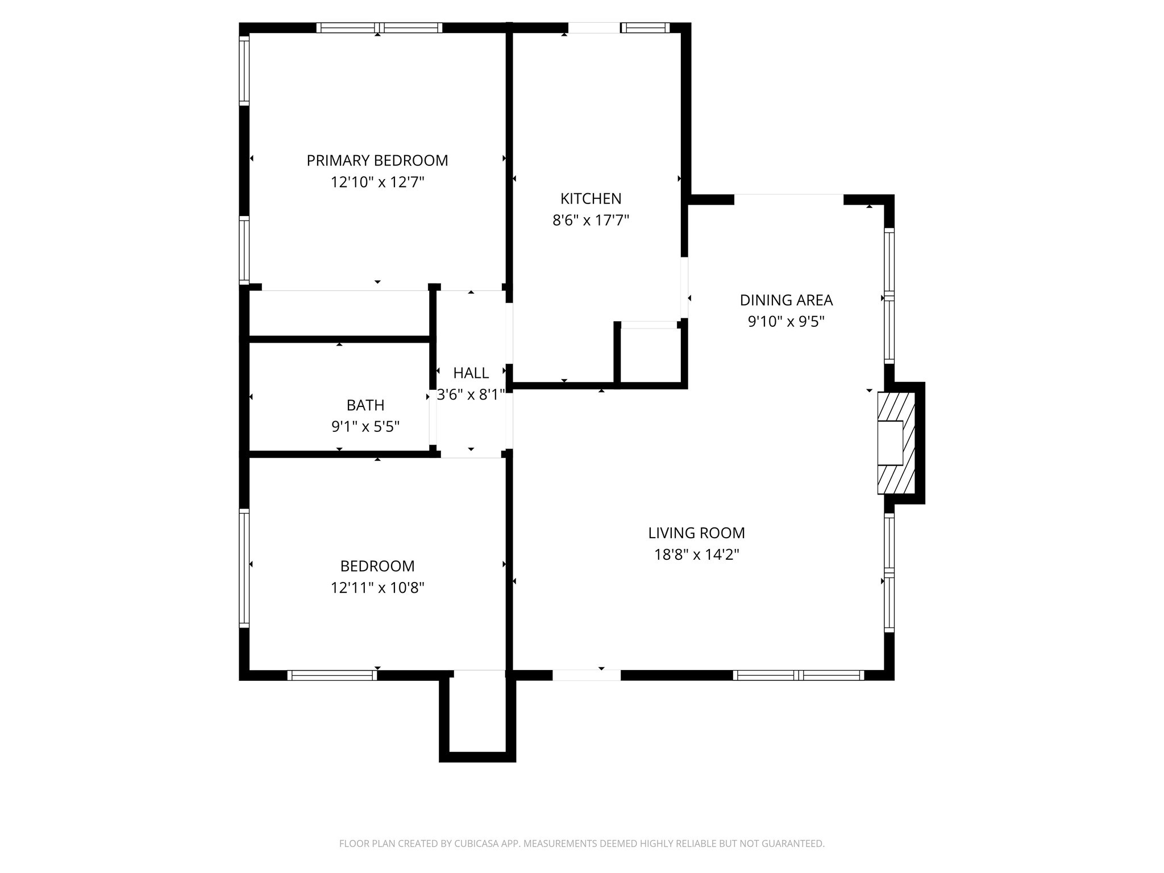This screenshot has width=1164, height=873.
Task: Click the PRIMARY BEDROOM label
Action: [x=377, y=161]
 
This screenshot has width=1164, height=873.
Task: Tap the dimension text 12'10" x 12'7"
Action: [x=377, y=182]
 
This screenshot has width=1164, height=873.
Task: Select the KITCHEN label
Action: [x=591, y=199]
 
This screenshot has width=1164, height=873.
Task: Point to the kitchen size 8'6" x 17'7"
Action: [x=591, y=221]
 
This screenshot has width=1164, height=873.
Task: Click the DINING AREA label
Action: [x=786, y=300]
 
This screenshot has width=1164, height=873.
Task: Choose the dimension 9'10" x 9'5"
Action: [x=786, y=322]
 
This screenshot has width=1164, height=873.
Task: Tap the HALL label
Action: [x=471, y=373]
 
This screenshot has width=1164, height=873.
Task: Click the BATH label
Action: [x=365, y=405]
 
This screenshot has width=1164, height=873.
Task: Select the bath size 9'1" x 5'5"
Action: [x=365, y=427]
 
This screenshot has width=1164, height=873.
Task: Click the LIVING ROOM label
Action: [x=696, y=533]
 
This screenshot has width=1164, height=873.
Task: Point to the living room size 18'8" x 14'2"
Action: [x=696, y=555]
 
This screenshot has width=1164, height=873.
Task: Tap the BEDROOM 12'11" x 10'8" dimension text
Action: [x=377, y=588]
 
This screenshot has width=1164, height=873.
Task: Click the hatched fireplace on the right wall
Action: [x=896, y=443]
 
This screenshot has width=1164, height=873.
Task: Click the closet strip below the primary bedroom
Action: [x=339, y=314]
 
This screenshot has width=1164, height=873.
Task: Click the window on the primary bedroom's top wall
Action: [x=379, y=28]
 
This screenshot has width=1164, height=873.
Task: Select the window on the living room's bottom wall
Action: [x=799, y=675]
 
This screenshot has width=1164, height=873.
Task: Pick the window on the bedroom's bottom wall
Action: [x=332, y=675]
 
